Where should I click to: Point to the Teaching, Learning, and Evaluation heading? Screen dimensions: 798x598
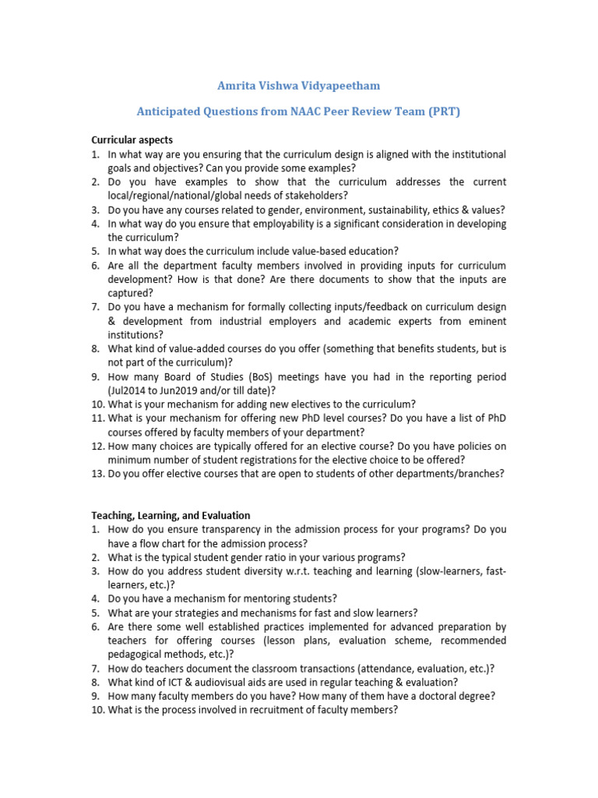tap(171, 515)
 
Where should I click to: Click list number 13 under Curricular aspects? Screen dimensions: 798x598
tap(98, 473)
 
